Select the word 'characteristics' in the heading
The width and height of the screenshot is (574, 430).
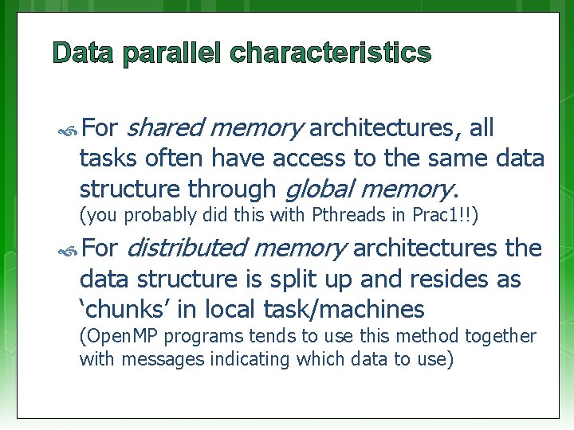tap(331, 53)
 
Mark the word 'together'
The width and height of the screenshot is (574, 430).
tap(498, 337)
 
